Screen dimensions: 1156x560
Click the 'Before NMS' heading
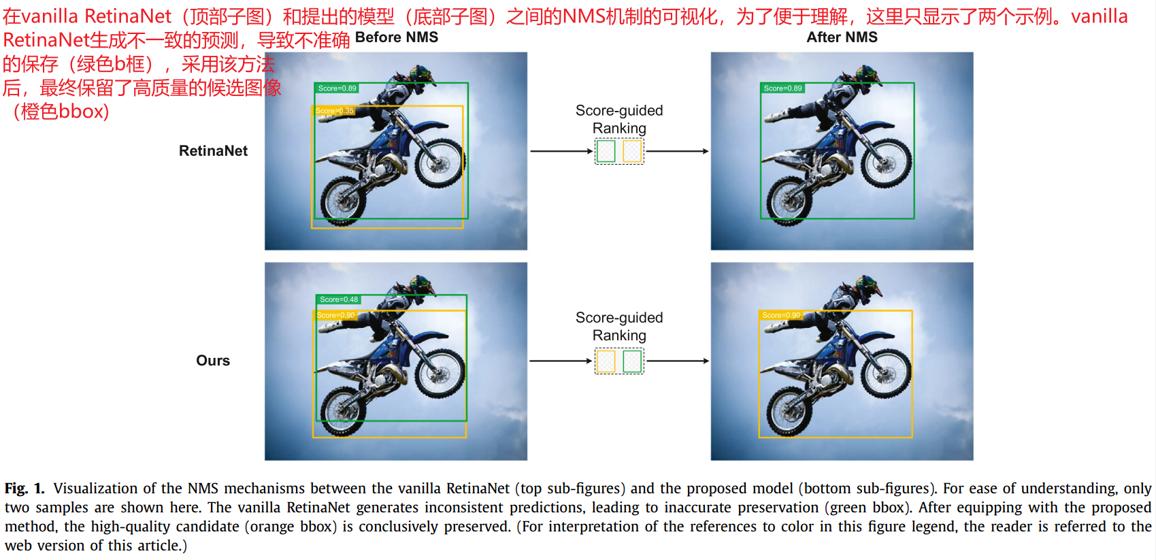397,37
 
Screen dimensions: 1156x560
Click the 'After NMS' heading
842,37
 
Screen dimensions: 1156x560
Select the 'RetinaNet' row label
213,150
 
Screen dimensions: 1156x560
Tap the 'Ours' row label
213,360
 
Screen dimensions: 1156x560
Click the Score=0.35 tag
334,110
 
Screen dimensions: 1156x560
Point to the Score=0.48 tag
339,299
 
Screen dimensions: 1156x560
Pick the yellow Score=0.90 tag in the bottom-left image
335,315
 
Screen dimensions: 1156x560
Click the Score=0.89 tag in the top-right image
782,88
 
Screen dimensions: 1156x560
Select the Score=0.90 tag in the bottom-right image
781,315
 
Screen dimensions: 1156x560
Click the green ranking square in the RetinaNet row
606,151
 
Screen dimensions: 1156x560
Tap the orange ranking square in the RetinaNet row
632,151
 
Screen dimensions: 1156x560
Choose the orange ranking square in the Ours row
606,361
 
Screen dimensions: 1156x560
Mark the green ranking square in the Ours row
632,361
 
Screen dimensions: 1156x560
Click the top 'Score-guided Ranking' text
619,119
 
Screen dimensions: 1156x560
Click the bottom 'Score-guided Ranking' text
619,326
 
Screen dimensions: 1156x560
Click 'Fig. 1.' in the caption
24,489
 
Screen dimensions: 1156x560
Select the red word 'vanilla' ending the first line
1100,16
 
